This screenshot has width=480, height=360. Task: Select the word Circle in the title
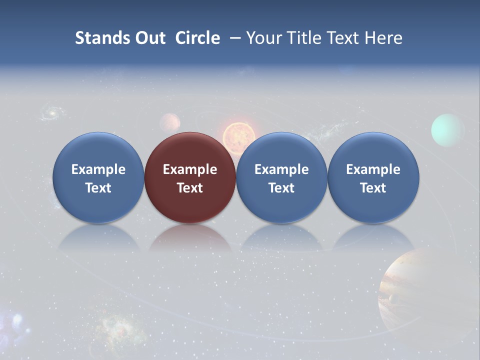coord(197,38)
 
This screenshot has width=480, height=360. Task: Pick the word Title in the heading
coord(305,38)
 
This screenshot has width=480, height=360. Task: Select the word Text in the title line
coord(345,38)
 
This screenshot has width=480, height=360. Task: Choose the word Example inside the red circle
coord(190,169)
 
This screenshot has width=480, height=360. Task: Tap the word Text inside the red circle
coord(190,188)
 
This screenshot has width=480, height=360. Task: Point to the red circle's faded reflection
coord(190,239)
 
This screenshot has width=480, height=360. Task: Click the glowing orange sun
coord(239,136)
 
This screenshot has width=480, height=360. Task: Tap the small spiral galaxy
coord(50,113)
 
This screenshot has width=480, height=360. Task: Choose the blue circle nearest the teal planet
coord(373,177)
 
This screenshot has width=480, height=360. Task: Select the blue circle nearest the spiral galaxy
coord(98,177)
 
